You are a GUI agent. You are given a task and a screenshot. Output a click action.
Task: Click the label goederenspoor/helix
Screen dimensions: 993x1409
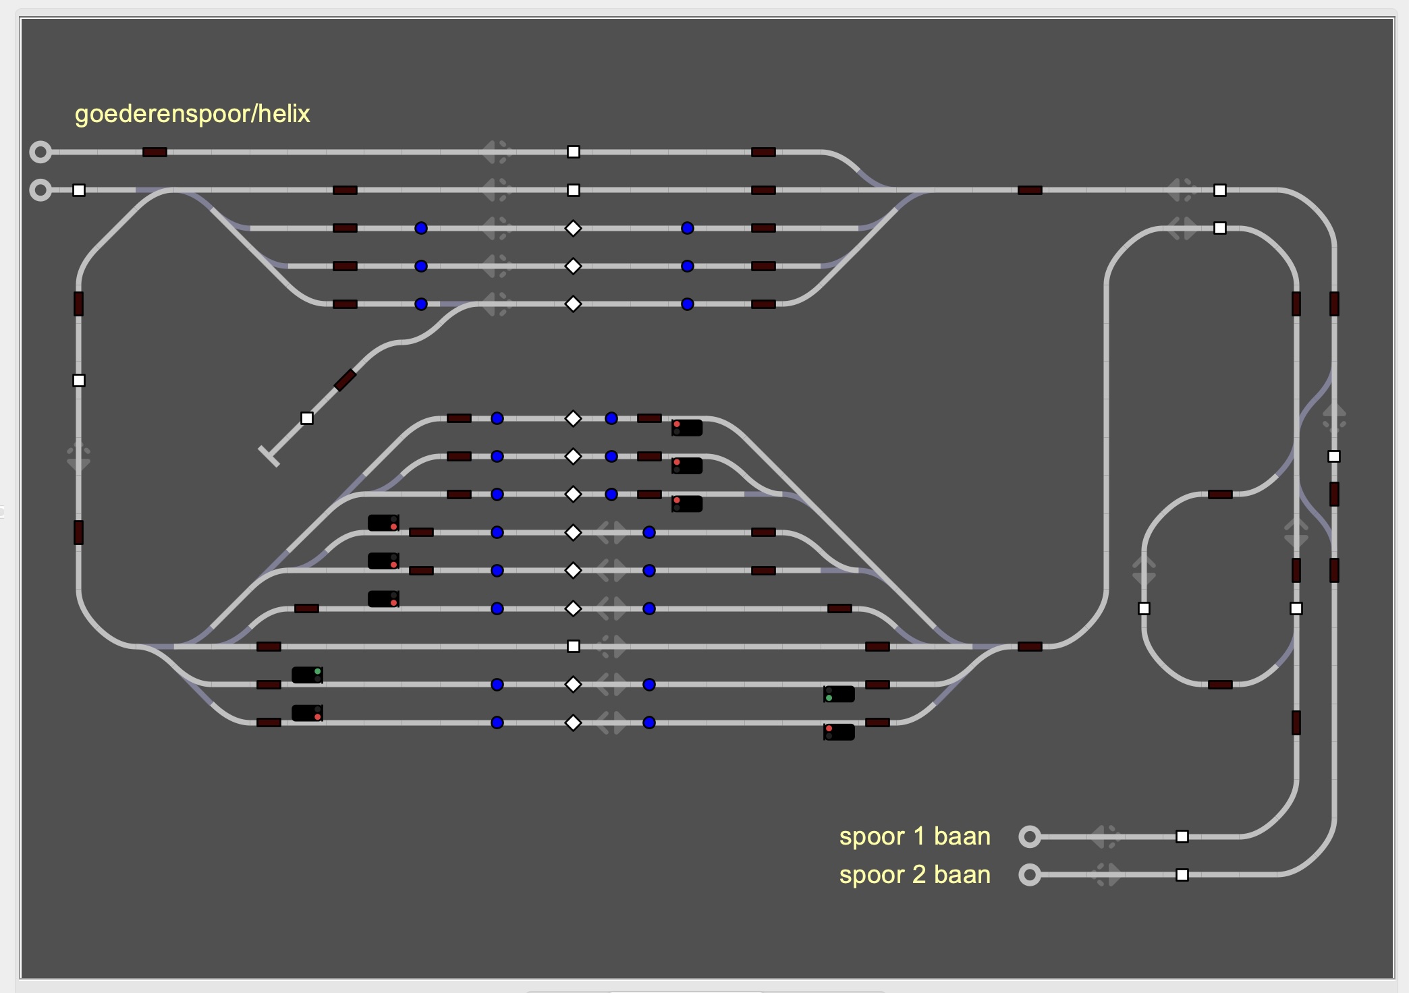[192, 114]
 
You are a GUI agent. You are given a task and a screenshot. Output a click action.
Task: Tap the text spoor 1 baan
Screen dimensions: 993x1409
[914, 836]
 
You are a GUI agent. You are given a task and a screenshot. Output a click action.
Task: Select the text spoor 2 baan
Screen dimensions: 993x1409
[914, 875]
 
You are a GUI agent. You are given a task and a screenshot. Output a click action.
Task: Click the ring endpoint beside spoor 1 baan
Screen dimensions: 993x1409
[1029, 836]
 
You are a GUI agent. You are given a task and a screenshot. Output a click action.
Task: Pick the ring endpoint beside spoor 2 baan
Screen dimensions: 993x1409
[1029, 875]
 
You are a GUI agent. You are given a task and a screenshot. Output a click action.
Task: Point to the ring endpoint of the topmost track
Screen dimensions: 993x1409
[40, 152]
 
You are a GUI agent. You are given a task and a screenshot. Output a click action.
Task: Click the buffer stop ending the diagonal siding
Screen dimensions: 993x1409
[269, 456]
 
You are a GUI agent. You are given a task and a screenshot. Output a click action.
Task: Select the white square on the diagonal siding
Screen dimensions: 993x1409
[307, 418]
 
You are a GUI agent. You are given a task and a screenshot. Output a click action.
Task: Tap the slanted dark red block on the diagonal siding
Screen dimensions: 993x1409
[345, 380]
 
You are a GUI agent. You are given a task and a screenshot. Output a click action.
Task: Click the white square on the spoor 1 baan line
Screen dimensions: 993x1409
[1182, 836]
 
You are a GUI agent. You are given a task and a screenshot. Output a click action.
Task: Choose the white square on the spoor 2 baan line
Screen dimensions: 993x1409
[1182, 875]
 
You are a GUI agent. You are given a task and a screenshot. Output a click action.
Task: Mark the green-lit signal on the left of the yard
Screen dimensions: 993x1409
[307, 675]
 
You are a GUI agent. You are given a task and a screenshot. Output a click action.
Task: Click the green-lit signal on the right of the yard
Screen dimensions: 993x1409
[839, 694]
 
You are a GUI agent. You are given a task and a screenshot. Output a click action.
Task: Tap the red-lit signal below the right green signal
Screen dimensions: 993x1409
[839, 732]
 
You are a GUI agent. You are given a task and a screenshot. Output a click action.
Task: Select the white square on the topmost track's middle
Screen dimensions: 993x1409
[573, 152]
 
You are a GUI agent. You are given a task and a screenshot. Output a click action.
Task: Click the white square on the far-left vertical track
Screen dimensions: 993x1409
[79, 380]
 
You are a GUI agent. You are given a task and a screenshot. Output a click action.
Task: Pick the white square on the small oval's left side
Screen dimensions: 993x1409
[1144, 608]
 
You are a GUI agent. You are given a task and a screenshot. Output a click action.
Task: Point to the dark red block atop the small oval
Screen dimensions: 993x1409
[1220, 494]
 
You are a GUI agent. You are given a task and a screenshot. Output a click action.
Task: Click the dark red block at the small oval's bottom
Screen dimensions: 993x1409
[1220, 685]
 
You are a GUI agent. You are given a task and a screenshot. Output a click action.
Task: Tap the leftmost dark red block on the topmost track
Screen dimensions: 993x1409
[155, 152]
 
